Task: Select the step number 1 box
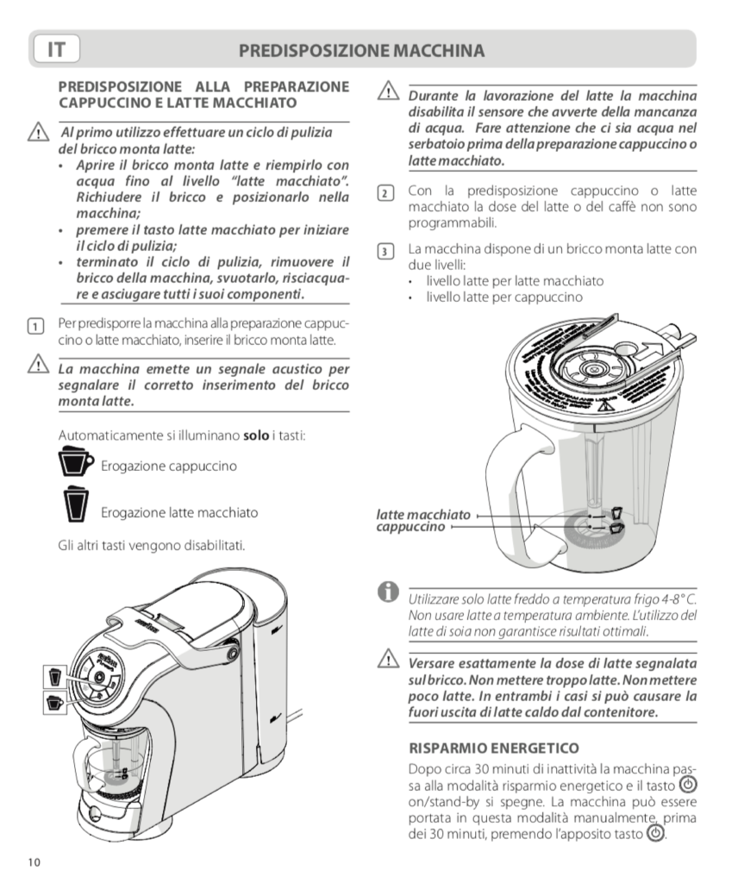coord(35,327)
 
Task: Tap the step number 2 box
coord(386,192)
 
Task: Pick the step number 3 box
coord(386,252)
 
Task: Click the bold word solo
coord(256,436)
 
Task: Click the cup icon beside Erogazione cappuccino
coord(76,463)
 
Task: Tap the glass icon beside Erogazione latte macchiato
coord(75,505)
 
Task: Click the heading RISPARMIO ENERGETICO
coord(493,747)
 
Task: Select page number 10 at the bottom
coord(34,861)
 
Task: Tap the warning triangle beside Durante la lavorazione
coord(387,93)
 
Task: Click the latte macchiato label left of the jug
coord(423,515)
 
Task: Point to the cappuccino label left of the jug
coord(411,526)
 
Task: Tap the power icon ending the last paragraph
coord(656,835)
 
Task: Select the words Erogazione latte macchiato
coord(179,512)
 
